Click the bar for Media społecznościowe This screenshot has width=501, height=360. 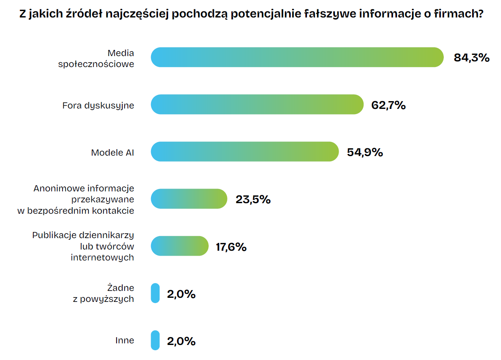(x=297, y=57)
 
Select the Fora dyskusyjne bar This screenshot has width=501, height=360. (x=257, y=104)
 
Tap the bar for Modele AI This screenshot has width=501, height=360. (x=244, y=152)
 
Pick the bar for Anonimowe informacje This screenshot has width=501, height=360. (x=189, y=199)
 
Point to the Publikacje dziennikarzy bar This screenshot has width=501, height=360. (x=179, y=246)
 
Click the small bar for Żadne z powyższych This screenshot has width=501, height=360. (x=155, y=293)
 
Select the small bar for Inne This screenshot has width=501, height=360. (x=155, y=340)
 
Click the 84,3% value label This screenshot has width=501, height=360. (x=471, y=58)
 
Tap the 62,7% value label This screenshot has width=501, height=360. (x=389, y=105)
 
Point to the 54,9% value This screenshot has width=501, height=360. (x=365, y=152)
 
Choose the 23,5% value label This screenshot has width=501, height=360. (x=253, y=200)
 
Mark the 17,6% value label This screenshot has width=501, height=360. (x=231, y=247)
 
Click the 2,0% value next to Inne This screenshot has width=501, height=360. (x=181, y=341)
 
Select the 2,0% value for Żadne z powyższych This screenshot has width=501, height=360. (x=181, y=294)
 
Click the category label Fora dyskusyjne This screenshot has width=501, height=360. (x=98, y=105)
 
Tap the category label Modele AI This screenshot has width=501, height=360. (x=112, y=152)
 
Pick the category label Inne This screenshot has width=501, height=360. (x=124, y=340)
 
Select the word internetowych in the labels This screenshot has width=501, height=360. (x=102, y=257)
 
